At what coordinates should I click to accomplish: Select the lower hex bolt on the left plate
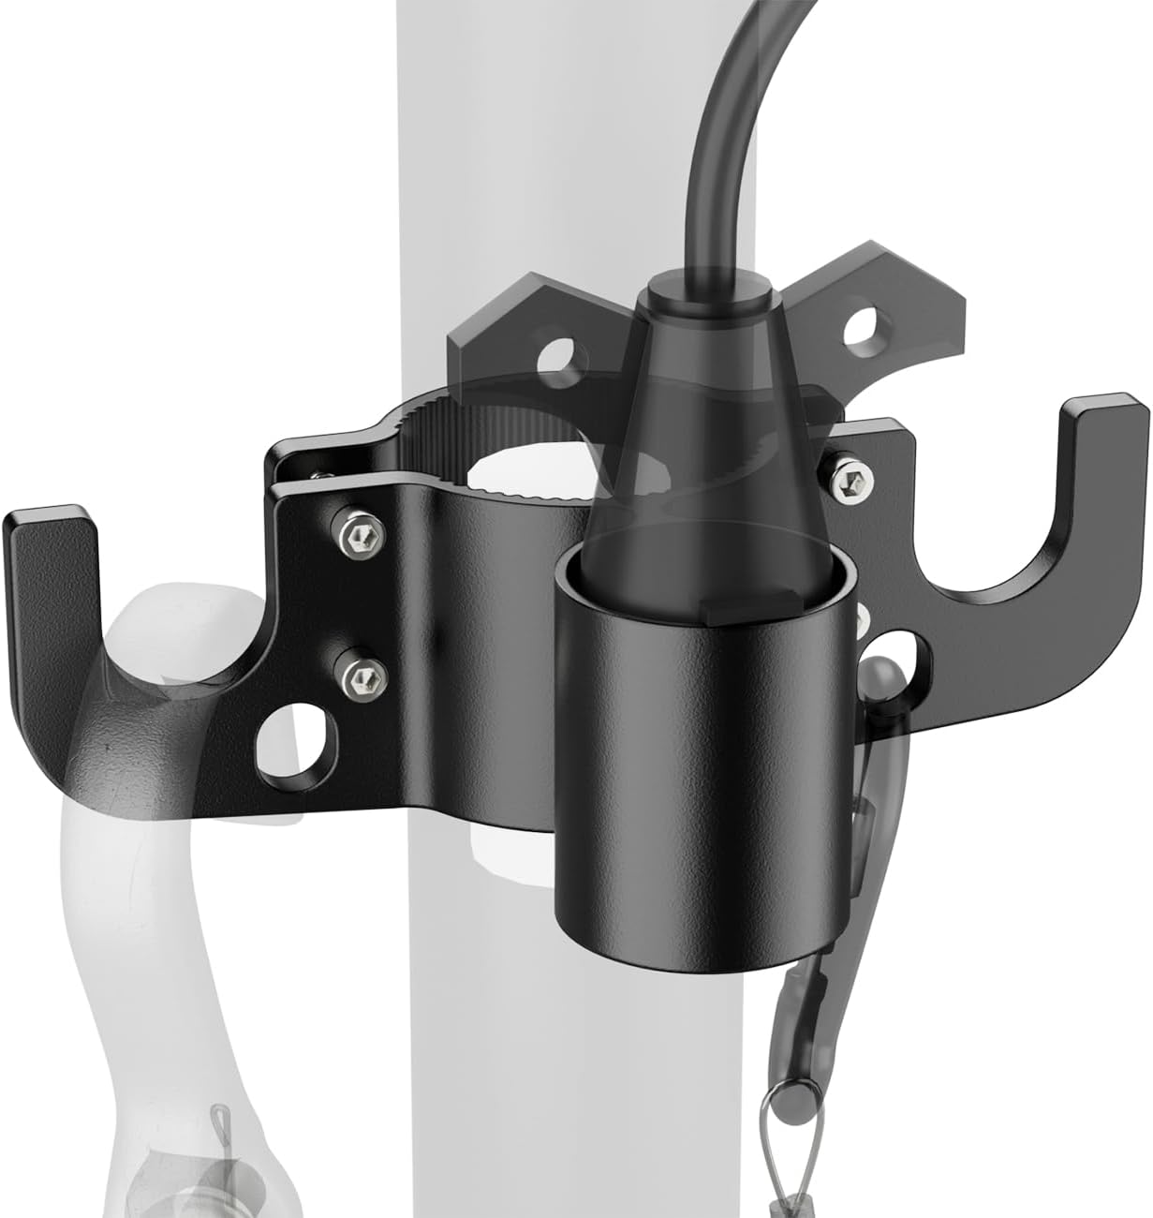tap(357, 672)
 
